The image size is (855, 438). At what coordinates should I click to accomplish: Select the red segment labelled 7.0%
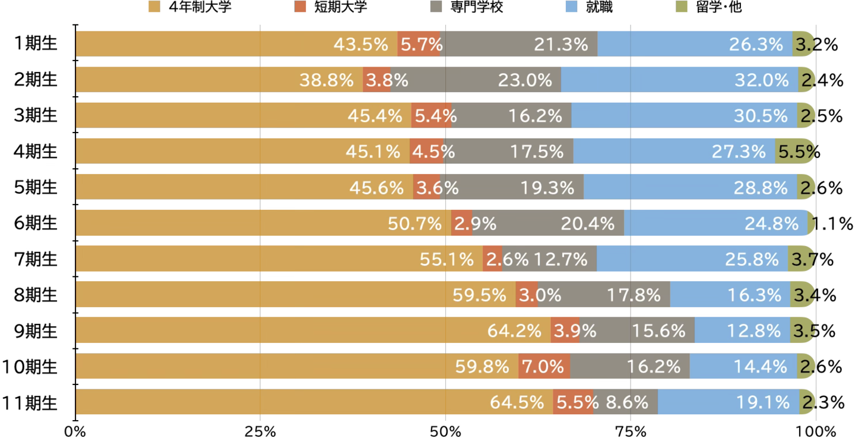click(544, 366)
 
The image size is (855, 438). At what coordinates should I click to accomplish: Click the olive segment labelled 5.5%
click(794, 152)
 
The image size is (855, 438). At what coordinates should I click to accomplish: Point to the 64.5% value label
click(517, 402)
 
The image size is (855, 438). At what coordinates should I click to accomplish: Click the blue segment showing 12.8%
click(742, 330)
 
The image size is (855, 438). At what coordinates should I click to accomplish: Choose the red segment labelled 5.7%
click(419, 44)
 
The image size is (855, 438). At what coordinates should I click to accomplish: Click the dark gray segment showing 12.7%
click(549, 259)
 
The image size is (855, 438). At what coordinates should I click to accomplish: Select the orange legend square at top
click(154, 7)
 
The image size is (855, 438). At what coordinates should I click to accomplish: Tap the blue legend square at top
click(571, 7)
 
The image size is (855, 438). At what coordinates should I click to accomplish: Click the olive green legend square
click(682, 7)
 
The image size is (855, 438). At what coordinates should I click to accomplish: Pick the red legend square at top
click(300, 7)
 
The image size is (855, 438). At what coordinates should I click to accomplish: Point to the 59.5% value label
click(479, 295)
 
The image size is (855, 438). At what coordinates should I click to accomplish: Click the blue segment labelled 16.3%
click(730, 295)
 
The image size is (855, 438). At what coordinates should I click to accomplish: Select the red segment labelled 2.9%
click(462, 223)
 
